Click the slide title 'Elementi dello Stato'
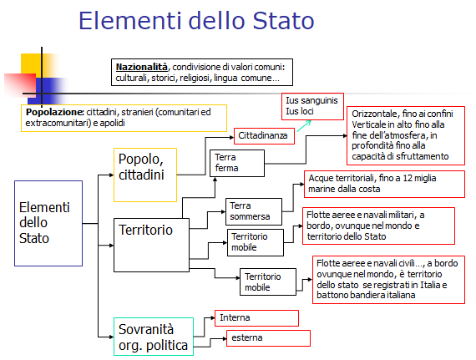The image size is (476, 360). (210, 21)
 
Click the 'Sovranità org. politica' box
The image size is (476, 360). (153, 337)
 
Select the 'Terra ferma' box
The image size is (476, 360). (237, 162)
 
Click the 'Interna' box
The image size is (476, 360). (257, 317)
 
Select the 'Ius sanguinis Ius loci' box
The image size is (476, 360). (310, 106)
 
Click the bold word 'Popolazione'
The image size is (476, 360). (53, 112)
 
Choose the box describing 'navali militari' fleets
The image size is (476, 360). (378, 225)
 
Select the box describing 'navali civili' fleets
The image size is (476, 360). (388, 279)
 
